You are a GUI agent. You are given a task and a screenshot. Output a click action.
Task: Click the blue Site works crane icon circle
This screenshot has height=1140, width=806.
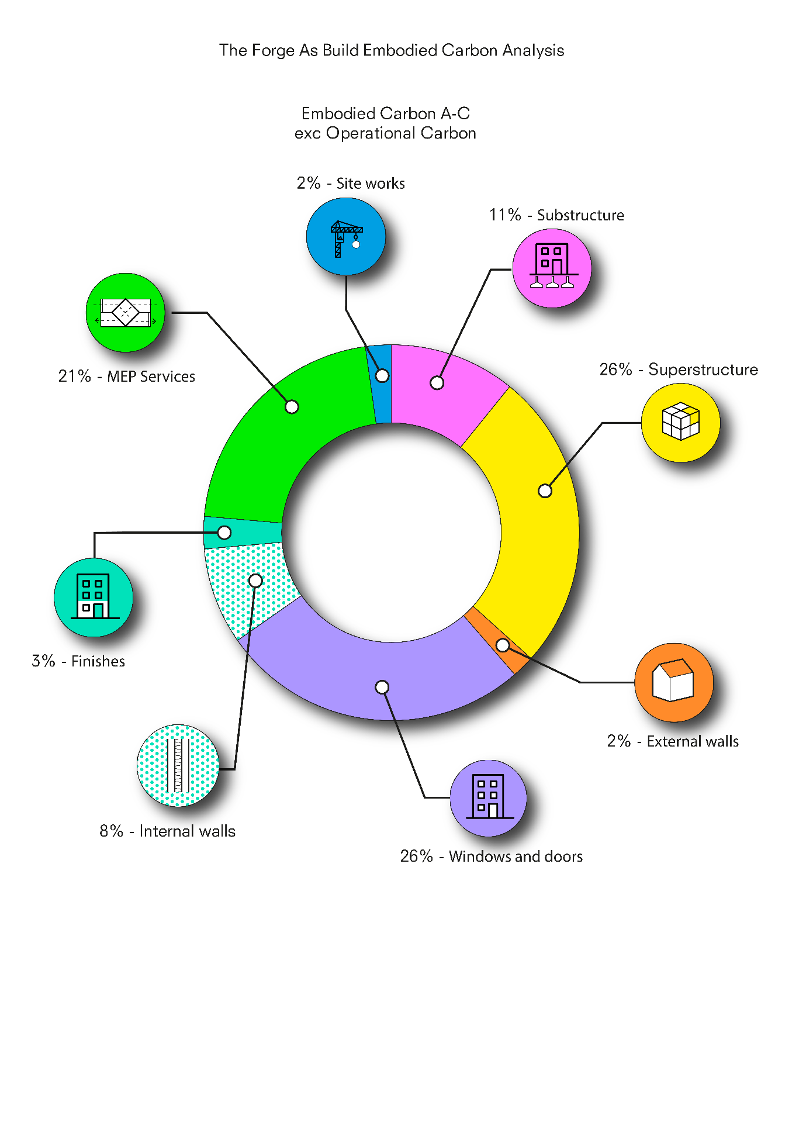[x=346, y=236]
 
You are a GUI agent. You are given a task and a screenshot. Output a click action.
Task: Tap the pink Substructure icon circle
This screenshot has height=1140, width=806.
[x=552, y=268]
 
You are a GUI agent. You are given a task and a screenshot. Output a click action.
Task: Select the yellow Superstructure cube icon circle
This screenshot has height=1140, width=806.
[x=680, y=423]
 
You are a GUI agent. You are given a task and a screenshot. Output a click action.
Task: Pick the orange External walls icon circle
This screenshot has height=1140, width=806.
[x=674, y=682]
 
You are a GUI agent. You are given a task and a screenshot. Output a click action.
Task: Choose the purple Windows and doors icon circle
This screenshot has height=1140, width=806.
[x=488, y=798]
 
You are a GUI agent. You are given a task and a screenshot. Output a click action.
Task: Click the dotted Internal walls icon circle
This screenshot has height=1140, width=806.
[x=178, y=766]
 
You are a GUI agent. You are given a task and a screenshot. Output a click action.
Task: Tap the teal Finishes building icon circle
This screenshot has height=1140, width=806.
[x=94, y=597]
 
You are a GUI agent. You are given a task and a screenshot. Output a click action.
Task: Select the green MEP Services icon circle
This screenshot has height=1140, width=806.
[x=125, y=313]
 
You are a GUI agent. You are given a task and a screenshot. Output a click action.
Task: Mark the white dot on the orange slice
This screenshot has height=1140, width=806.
[x=503, y=645]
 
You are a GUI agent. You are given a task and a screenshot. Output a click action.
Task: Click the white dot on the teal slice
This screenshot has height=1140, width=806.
[x=224, y=533]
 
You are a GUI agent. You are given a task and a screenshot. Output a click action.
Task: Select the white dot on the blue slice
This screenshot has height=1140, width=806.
[x=382, y=375]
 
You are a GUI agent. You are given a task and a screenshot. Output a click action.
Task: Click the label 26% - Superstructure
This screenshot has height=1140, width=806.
[x=679, y=369]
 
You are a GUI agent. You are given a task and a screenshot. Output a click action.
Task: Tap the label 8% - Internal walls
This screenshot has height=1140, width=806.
[x=167, y=831]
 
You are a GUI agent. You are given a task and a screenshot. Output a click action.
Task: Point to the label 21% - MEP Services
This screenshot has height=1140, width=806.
[x=127, y=376]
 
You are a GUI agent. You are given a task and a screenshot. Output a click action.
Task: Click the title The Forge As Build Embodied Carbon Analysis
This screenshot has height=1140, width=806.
[x=392, y=50]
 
